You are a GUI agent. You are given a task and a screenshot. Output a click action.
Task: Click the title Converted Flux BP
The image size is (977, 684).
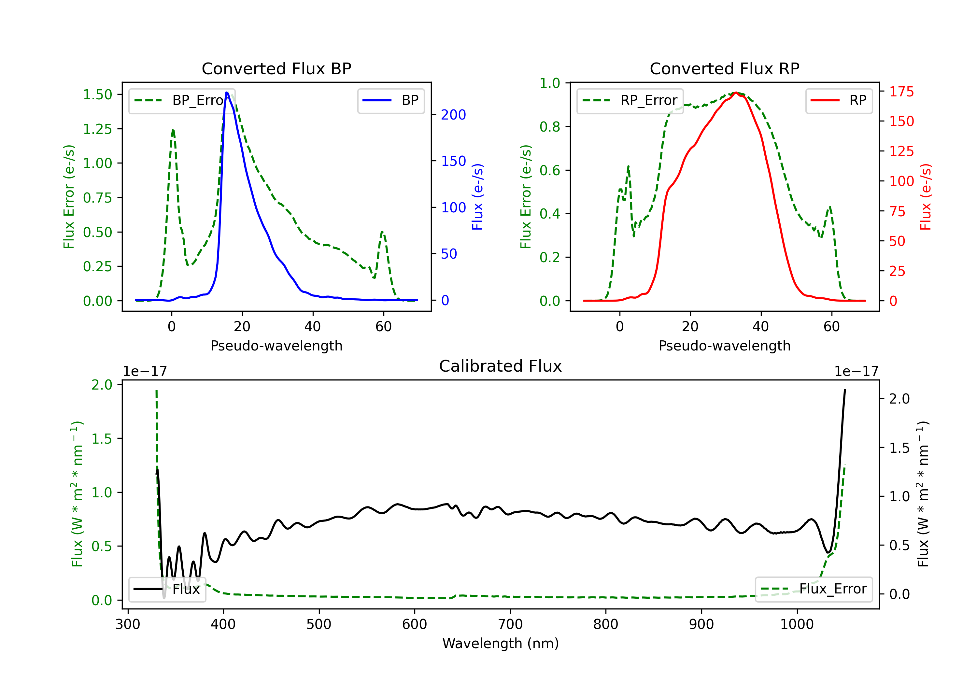[x=276, y=68]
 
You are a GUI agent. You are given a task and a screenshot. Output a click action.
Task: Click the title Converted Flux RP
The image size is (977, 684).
[x=724, y=68]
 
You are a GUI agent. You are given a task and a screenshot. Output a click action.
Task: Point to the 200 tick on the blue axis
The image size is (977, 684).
[x=453, y=115]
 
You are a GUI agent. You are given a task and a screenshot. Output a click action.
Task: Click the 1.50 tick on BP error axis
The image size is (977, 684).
[x=97, y=94]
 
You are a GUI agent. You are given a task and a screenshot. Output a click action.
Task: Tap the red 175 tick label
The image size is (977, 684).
[x=901, y=92]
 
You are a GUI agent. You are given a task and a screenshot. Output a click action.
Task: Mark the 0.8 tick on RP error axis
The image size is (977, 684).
[x=550, y=127]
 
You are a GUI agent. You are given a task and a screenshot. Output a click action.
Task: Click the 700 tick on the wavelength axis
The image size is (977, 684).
[x=510, y=624]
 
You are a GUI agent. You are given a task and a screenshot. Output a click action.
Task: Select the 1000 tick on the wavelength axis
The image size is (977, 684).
[x=797, y=624]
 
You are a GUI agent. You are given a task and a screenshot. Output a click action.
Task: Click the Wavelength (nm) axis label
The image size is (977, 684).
[x=501, y=643]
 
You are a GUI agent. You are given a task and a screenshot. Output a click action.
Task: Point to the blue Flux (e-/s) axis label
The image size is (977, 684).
[x=477, y=197]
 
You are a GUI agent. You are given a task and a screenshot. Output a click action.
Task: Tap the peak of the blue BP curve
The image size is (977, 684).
[x=226, y=93]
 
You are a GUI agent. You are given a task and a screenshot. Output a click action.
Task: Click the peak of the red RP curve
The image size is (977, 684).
[x=735, y=93]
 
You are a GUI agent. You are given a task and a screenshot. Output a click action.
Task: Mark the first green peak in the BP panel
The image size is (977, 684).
[x=173, y=130]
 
